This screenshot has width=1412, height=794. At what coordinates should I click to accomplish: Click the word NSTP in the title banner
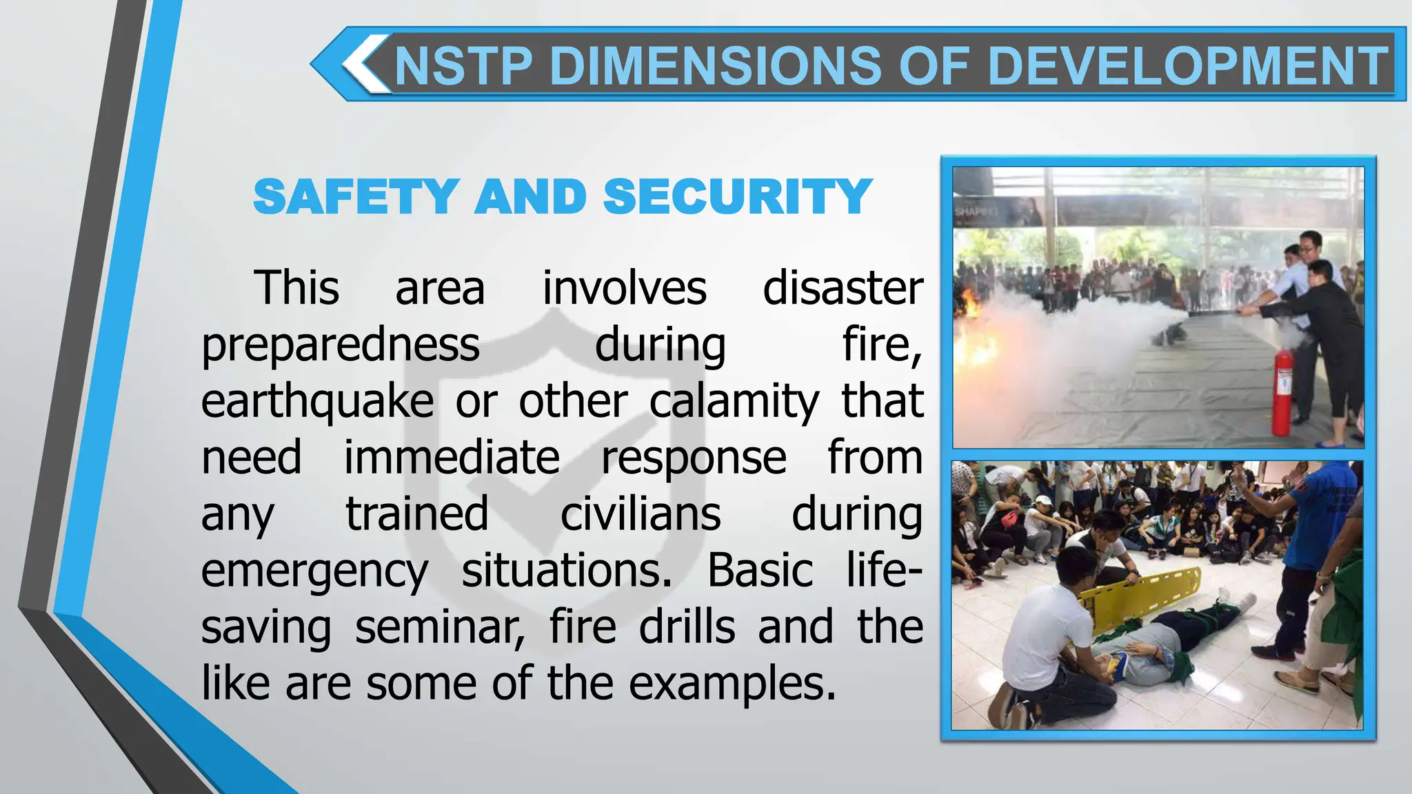click(x=463, y=66)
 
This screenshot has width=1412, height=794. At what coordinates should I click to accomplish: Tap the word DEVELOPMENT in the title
click(x=1188, y=66)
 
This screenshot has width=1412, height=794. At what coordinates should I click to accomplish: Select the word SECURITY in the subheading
click(x=738, y=197)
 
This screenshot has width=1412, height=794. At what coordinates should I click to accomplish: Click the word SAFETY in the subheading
click(x=356, y=197)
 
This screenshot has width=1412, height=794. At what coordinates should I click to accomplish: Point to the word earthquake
click(x=317, y=403)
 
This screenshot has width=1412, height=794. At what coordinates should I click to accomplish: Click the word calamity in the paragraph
click(x=734, y=403)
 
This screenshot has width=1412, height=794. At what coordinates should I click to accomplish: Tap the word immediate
click(x=452, y=458)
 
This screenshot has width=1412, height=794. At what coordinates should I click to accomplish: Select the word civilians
click(x=641, y=514)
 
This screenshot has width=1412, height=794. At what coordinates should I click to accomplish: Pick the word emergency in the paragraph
click(x=314, y=572)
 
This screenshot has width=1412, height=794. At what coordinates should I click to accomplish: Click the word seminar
click(x=440, y=627)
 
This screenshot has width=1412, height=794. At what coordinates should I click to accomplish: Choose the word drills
click(x=687, y=627)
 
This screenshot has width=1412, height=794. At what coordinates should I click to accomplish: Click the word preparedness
click(x=341, y=345)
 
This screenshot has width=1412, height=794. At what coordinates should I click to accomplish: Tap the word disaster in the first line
click(x=843, y=288)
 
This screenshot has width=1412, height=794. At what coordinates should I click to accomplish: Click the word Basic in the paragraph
click(x=760, y=571)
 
